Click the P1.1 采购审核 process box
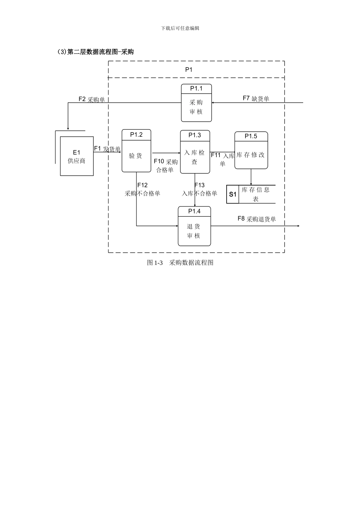(x=196, y=103)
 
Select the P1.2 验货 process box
(x=136, y=151)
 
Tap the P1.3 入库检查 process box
(x=195, y=152)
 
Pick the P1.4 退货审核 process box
(x=194, y=226)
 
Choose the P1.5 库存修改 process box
(x=251, y=150)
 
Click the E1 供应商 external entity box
(x=77, y=156)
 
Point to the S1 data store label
(x=233, y=194)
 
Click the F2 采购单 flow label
(x=92, y=99)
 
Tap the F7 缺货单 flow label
(x=256, y=98)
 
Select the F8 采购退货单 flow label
(x=257, y=219)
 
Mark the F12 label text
(x=142, y=185)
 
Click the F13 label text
(x=200, y=185)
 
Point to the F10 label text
(x=159, y=161)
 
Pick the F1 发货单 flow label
(x=107, y=149)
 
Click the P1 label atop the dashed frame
(x=189, y=70)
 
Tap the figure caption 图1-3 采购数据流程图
(x=180, y=262)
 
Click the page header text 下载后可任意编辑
(x=180, y=28)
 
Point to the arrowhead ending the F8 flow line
(x=298, y=226)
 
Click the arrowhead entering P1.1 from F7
(x=213, y=103)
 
